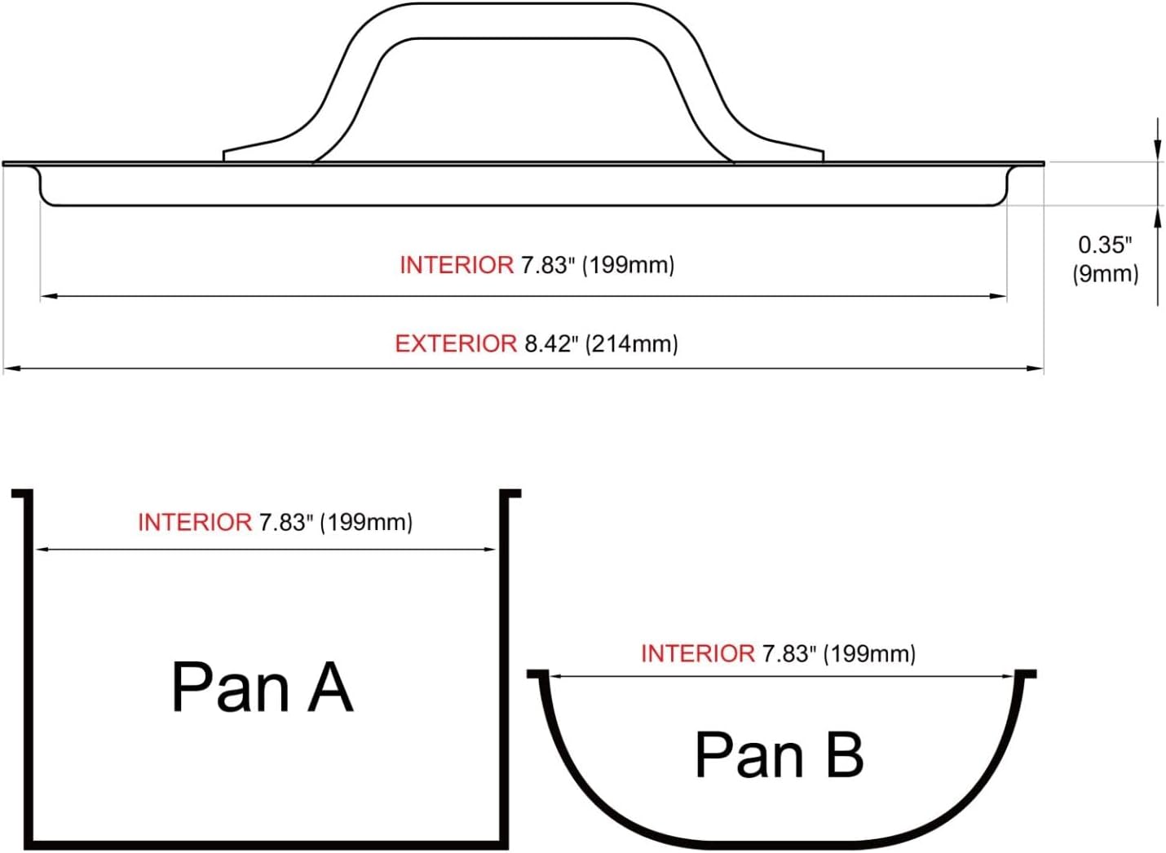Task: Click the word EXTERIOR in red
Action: pyautogui.click(x=455, y=343)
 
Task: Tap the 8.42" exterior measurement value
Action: pyautogui.click(x=550, y=343)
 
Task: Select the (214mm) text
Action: pyautogui.click(x=631, y=343)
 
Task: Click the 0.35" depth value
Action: pyautogui.click(x=1105, y=244)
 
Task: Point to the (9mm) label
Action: pyautogui.click(x=1105, y=273)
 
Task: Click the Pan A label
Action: pyautogui.click(x=262, y=687)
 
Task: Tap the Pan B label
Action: pyautogui.click(x=779, y=754)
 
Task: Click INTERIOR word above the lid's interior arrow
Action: pyautogui.click(x=457, y=265)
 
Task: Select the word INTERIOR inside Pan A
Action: pyautogui.click(x=194, y=522)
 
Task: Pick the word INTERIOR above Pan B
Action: pyautogui.click(x=698, y=653)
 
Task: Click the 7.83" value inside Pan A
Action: pyautogui.click(x=286, y=522)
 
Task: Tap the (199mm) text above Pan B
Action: pyautogui.click(x=869, y=653)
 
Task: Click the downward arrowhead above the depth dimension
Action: pyautogui.click(x=1157, y=147)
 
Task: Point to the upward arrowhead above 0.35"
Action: pyautogui.click(x=1157, y=215)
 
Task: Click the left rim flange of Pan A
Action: pyautogui.click(x=21, y=493)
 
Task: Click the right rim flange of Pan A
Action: pyautogui.click(x=510, y=493)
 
